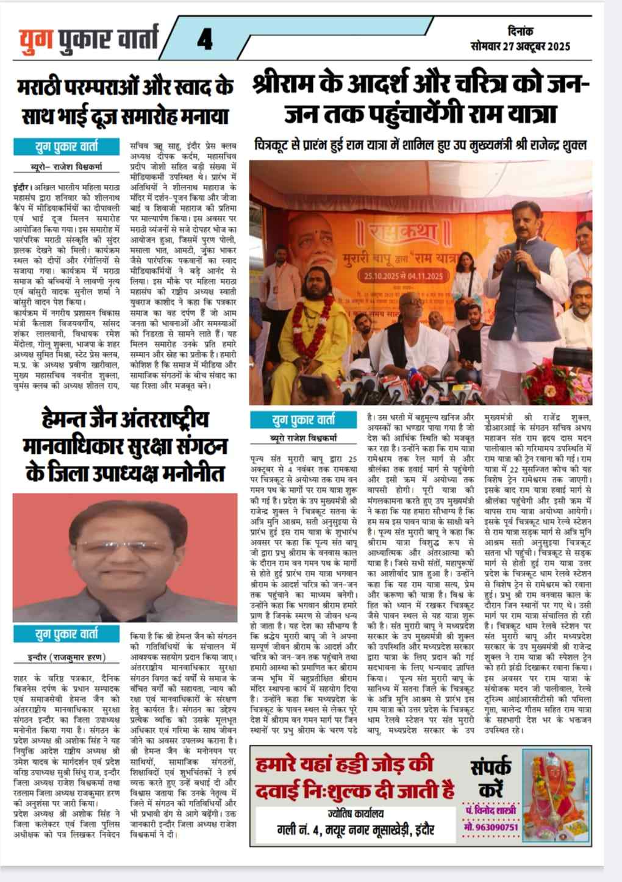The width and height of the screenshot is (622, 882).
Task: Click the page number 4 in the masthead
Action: point(204,41)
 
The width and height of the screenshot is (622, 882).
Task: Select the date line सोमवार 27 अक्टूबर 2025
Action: point(520,46)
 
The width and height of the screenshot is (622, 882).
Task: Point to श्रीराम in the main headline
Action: point(293,84)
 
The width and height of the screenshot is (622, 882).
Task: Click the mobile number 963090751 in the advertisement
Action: point(491,827)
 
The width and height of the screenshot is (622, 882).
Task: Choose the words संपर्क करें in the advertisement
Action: point(491,778)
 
